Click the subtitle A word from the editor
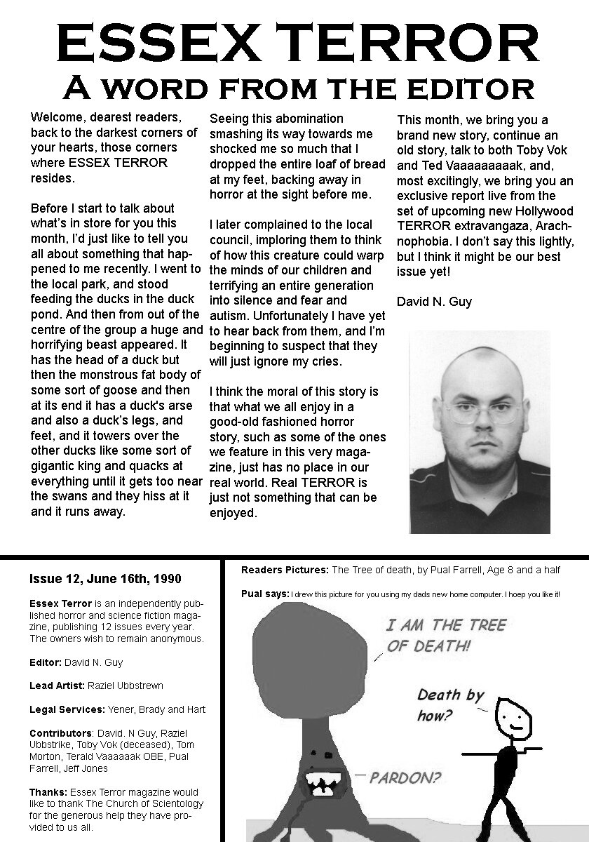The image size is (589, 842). coord(295,88)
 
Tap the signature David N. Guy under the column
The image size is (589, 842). coord(434,302)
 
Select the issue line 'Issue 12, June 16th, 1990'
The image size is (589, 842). coord(105,579)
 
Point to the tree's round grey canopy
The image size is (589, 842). coord(301,655)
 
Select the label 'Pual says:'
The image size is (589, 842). coord(264,594)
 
